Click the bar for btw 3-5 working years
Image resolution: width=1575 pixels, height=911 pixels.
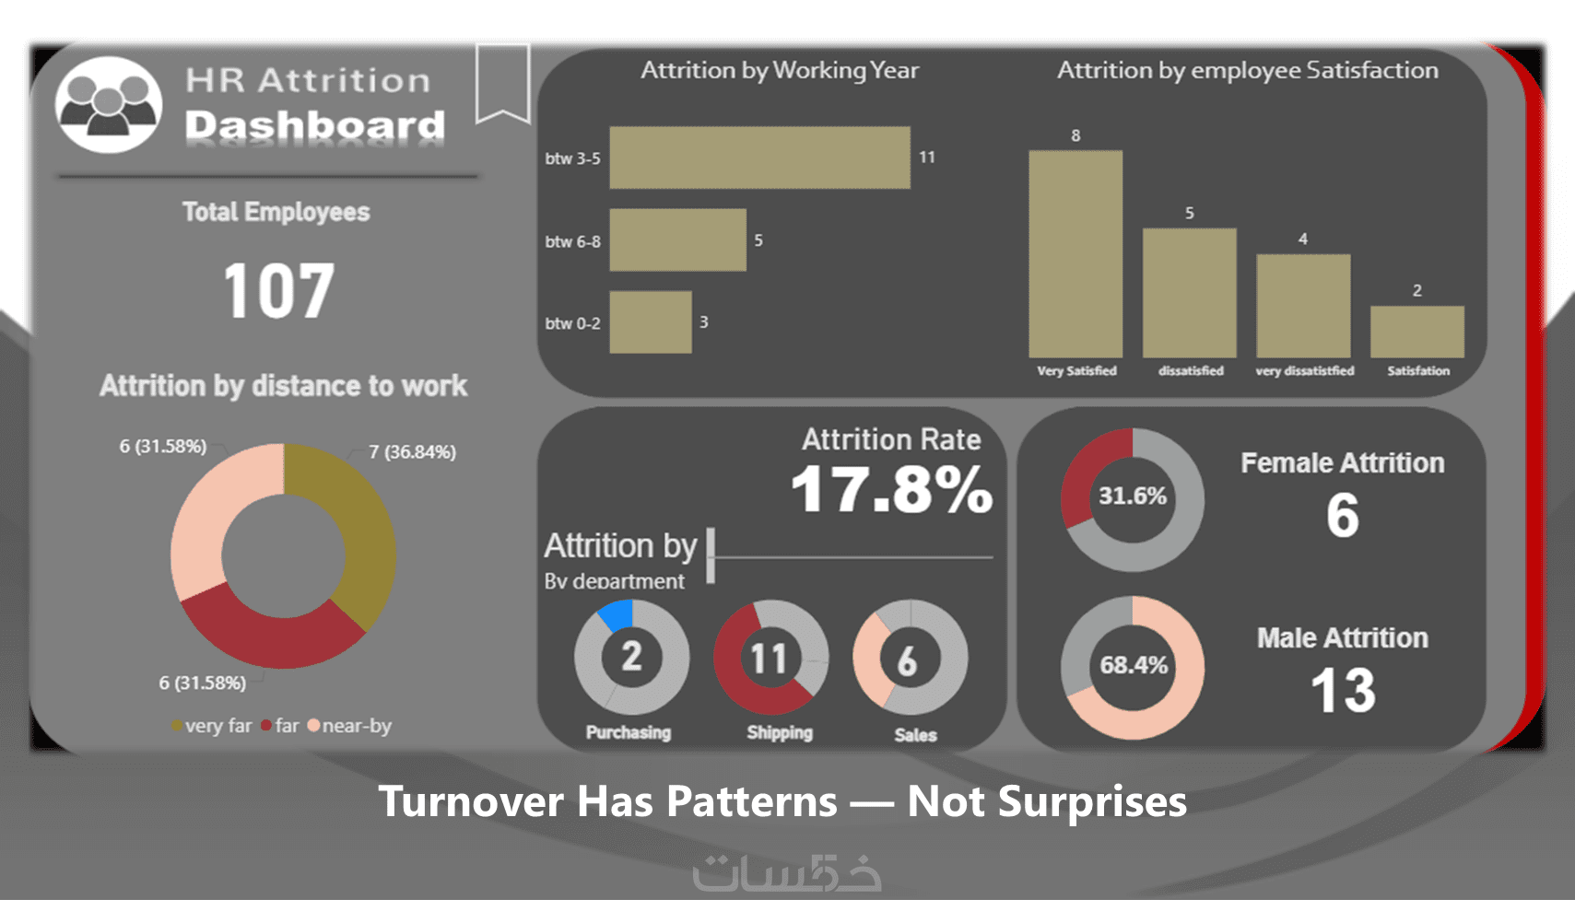point(759,158)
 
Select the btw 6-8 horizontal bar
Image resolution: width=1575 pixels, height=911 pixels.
point(677,239)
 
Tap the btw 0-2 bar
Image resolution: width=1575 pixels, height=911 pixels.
point(651,322)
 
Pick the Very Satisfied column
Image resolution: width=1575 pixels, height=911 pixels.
point(1075,253)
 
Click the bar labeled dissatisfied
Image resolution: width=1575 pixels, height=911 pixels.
point(1189,292)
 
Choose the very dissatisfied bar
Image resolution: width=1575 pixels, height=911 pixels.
point(1303,305)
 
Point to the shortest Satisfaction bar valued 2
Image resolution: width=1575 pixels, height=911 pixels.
point(1416,331)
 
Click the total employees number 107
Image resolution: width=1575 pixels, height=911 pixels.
point(278,291)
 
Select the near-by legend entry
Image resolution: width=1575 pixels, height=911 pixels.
point(350,726)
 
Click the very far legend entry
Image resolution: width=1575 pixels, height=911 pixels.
point(212,726)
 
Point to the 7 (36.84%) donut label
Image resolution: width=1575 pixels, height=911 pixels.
point(412,451)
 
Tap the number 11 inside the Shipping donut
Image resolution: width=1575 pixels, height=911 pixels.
point(769,658)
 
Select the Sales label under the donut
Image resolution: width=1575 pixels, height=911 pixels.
point(915,734)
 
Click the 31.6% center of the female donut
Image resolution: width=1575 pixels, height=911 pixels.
point(1132,496)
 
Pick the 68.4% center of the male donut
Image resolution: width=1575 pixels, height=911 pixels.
point(1133,665)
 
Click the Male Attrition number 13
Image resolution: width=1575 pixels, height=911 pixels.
point(1343,691)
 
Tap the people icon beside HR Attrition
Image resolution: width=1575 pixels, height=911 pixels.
point(109,104)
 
